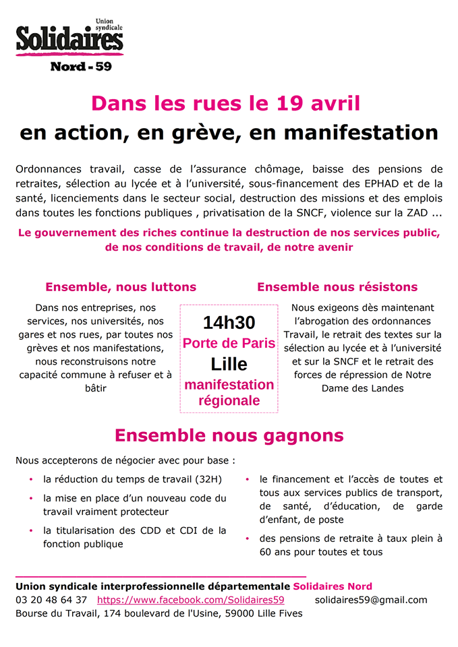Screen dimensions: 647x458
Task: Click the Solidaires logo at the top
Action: (x=69, y=39)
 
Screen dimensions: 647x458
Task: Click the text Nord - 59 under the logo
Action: (x=81, y=67)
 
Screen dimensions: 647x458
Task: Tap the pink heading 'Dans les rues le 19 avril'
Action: (x=226, y=104)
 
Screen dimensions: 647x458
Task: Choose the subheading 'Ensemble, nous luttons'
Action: (x=121, y=287)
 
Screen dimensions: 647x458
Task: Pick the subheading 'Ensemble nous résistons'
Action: (x=337, y=287)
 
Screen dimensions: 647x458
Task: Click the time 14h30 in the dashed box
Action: (x=229, y=323)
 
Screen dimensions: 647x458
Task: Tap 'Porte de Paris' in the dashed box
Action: (x=229, y=343)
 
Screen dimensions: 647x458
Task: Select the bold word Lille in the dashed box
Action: (x=229, y=365)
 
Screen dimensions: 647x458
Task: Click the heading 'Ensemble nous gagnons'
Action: (x=229, y=435)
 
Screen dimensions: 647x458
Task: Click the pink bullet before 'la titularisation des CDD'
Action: (x=30, y=531)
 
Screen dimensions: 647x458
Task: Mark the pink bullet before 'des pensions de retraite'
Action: (x=247, y=538)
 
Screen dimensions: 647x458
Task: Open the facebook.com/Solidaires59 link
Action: (x=190, y=600)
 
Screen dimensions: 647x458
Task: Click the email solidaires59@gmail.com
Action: (x=370, y=600)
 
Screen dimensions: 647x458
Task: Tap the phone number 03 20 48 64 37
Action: (x=51, y=600)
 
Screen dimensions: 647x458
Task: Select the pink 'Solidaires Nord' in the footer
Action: (x=332, y=586)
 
